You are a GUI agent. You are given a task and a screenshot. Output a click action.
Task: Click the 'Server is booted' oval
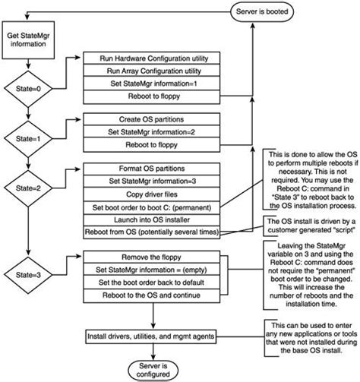pos(262,12)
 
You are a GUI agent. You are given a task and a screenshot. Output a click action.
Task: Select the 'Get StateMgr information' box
pos(28,40)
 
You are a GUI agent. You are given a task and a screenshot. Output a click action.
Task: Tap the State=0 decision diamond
pos(28,89)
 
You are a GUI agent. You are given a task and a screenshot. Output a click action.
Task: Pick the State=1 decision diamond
pos(28,139)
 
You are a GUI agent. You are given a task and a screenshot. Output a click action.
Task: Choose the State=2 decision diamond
pos(28,188)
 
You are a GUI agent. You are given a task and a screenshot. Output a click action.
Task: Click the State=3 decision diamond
pos(28,275)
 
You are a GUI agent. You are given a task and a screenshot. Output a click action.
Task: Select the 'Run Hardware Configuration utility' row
pos(152,58)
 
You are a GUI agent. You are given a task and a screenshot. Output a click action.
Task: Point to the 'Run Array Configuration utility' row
pos(152,71)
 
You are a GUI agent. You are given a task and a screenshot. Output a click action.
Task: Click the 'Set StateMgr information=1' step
pos(152,84)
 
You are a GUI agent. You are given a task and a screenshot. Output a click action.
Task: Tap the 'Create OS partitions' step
pos(152,119)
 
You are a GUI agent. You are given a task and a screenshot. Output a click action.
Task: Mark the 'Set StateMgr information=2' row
pos(152,131)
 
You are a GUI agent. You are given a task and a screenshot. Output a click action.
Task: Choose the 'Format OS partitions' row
pos(152,169)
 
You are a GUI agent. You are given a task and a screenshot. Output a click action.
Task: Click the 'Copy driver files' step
pos(152,194)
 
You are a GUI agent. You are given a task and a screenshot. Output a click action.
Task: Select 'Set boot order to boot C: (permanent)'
pos(152,208)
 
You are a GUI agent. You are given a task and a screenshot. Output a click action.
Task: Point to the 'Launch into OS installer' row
pos(152,219)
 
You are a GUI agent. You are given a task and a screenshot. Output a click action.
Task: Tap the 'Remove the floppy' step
pos(152,257)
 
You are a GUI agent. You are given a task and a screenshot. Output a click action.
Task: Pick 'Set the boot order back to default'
pos(152,283)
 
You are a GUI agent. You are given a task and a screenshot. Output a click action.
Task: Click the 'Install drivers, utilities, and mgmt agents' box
pos(151,336)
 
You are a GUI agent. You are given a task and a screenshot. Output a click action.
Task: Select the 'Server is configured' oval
pos(153,370)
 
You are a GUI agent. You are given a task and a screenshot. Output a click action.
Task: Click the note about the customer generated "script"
pos(311,226)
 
